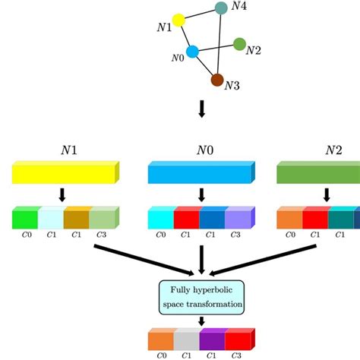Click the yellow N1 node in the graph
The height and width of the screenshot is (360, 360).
(x=179, y=21)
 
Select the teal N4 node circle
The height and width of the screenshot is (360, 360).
(x=221, y=8)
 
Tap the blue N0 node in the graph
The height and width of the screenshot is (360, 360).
(x=193, y=52)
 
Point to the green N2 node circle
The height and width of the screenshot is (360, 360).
(x=239, y=44)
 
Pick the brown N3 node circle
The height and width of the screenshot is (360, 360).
(x=216, y=80)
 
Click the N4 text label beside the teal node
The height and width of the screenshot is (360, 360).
(x=239, y=7)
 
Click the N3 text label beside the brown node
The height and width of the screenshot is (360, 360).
(x=233, y=86)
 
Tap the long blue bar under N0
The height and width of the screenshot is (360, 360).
(x=200, y=174)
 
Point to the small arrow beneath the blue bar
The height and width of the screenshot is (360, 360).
(x=201, y=195)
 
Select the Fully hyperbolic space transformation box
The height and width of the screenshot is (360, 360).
(x=201, y=297)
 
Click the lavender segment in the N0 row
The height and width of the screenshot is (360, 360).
(x=239, y=219)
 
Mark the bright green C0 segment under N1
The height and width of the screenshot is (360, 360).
(x=25, y=219)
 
